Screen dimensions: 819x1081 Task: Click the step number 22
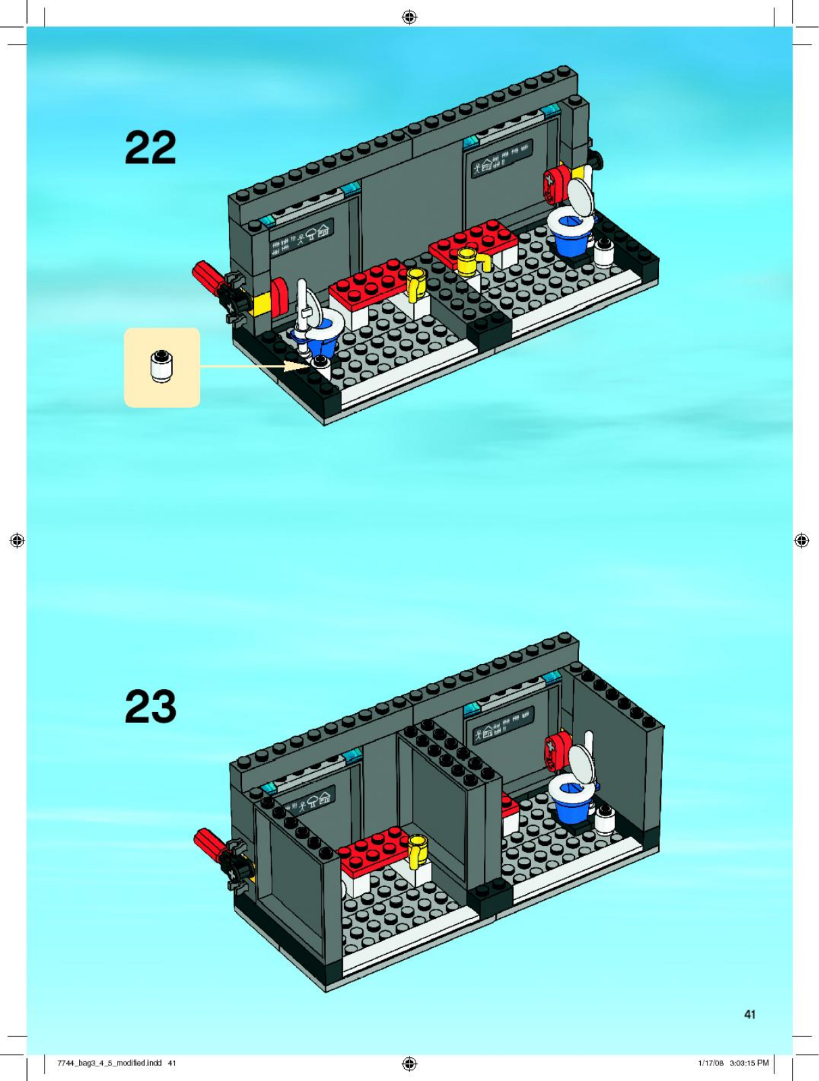pyautogui.click(x=150, y=147)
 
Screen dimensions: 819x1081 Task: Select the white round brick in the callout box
pyautogui.click(x=161, y=366)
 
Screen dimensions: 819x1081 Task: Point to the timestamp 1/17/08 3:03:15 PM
pyautogui.click(x=733, y=1063)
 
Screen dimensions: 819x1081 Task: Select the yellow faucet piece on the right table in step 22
pyautogui.click(x=474, y=260)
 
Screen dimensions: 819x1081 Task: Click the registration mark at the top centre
pyautogui.click(x=409, y=18)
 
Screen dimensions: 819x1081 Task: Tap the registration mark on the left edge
pyautogui.click(x=18, y=540)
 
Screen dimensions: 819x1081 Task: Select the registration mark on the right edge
pyautogui.click(x=801, y=540)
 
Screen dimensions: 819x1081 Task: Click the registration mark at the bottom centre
pyautogui.click(x=409, y=1063)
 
